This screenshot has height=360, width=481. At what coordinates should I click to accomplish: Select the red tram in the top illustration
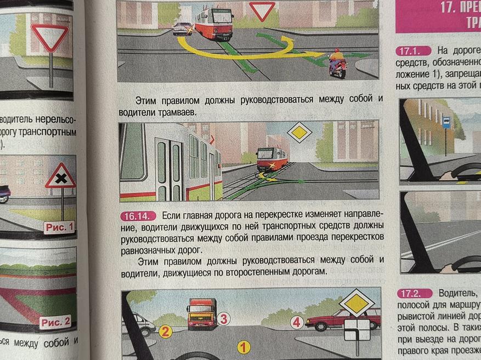[x=213, y=24]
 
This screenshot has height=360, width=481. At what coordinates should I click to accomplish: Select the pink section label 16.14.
[x=138, y=216]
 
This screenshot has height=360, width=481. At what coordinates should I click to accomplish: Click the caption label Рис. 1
[x=59, y=226]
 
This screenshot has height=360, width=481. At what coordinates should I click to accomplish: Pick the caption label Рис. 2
[x=55, y=322]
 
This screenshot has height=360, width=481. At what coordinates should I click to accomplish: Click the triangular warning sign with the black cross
[x=61, y=177]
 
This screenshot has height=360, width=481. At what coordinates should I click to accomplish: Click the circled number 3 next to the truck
[x=223, y=318]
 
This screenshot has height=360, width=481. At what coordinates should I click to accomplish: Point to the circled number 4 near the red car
[x=297, y=322]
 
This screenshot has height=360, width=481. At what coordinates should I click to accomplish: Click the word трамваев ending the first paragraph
[x=178, y=112]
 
